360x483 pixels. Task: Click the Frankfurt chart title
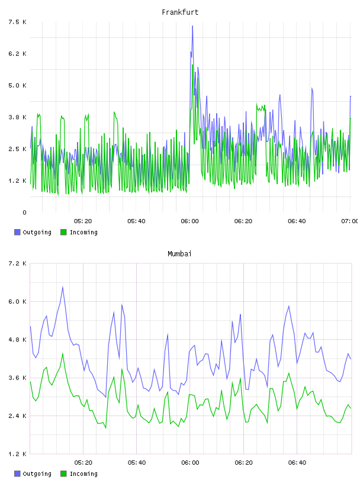(x=180, y=12)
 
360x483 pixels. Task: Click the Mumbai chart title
(x=179, y=254)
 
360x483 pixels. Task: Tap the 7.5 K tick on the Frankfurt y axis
(x=18, y=22)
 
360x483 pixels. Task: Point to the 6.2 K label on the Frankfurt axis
(x=18, y=54)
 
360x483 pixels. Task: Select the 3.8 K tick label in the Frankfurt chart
(x=18, y=117)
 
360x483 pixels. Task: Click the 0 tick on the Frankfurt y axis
(x=24, y=212)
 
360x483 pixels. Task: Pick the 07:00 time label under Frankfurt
(x=350, y=221)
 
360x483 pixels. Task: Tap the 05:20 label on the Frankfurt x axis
(x=83, y=221)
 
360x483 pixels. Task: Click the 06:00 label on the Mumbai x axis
(x=190, y=463)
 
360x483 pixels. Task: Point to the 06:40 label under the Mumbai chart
(x=297, y=463)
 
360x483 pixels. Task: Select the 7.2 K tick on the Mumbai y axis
(x=18, y=263)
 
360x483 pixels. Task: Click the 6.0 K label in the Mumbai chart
(x=18, y=301)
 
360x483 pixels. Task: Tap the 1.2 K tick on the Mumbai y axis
(x=18, y=454)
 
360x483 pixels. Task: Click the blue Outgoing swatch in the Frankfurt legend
(x=17, y=232)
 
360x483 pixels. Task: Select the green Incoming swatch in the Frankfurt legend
(x=63, y=232)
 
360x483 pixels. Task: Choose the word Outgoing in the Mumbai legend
(x=37, y=474)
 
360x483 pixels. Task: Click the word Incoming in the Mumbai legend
(x=83, y=474)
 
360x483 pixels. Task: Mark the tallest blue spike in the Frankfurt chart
(x=192, y=26)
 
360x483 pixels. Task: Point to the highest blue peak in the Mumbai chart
(x=63, y=287)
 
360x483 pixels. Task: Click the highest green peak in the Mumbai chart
(x=63, y=353)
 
